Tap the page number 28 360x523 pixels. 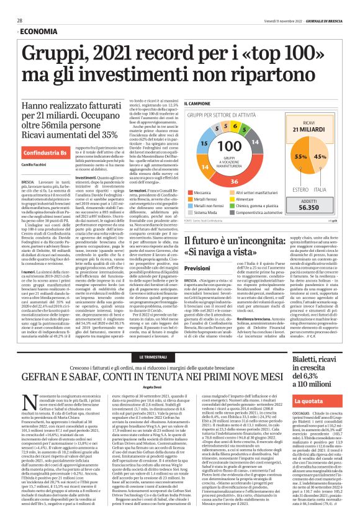point(20,20)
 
